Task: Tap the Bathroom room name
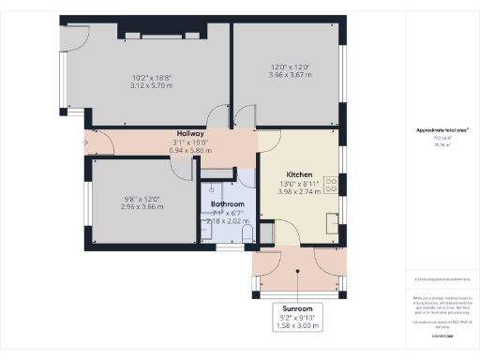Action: (227, 203)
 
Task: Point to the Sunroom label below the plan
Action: (297, 307)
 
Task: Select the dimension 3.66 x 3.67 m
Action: (289, 74)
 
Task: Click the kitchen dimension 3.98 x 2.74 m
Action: (299, 191)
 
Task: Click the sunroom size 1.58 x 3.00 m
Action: (297, 325)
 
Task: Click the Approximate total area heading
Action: (442, 129)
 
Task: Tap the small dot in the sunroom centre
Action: (298, 272)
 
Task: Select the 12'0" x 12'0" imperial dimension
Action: (289, 67)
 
